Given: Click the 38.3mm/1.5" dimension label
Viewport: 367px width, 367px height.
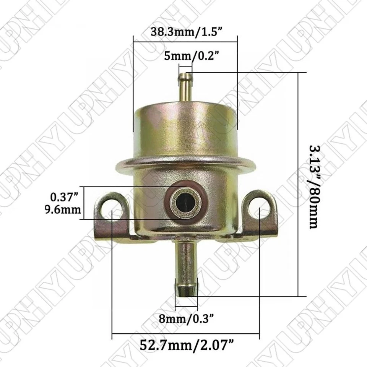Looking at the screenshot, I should tap(186, 32).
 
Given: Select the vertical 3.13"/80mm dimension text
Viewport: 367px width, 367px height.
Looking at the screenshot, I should tap(313, 186).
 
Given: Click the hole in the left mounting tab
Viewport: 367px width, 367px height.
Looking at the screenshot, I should tap(113, 209).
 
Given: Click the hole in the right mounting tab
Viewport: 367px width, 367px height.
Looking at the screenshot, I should tap(259, 208).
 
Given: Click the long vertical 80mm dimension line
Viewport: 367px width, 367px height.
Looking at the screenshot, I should tap(298, 183).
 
